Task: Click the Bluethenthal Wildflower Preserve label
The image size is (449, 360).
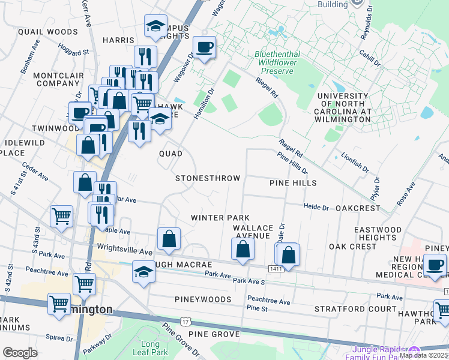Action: [x=277, y=62]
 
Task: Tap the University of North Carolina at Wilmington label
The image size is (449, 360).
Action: [x=344, y=107]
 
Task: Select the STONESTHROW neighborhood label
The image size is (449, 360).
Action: [x=208, y=178]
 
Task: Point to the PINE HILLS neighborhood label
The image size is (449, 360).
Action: [x=293, y=182]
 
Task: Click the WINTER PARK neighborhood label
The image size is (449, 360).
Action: [x=220, y=217]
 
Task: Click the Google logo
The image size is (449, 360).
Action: [x=20, y=353]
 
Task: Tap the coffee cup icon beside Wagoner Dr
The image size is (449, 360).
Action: [x=204, y=47]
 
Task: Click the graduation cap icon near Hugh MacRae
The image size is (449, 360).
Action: [x=142, y=273]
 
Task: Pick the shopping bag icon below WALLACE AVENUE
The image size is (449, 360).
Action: [x=242, y=250]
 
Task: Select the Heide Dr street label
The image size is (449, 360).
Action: [x=316, y=208]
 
